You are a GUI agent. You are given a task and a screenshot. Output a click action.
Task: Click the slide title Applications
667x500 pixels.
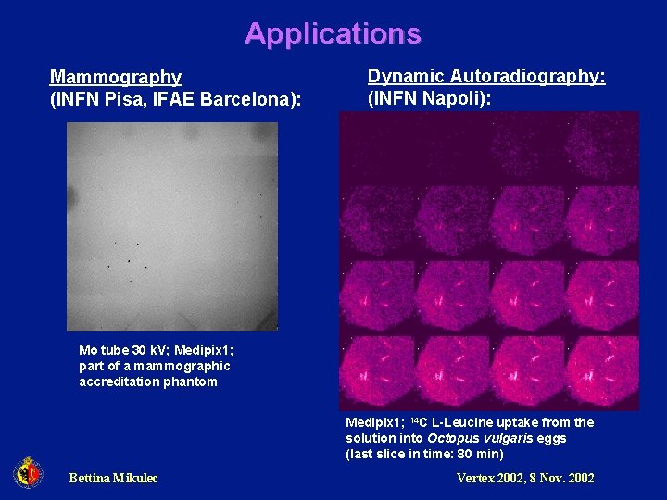[333, 33]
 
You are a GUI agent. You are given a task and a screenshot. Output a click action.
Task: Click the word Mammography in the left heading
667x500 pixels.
[116, 77]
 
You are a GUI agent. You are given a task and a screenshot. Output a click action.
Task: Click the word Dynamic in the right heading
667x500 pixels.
[400, 76]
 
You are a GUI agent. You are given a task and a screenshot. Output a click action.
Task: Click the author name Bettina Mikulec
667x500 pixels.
[113, 478]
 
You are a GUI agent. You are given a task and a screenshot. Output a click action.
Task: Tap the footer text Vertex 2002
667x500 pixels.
[494, 478]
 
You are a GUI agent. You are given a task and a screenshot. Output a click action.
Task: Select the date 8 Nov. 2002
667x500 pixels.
[565, 478]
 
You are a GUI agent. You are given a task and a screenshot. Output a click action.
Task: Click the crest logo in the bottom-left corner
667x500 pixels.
[28, 474]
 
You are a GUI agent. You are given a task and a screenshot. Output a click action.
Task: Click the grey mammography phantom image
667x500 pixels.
[172, 226]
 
